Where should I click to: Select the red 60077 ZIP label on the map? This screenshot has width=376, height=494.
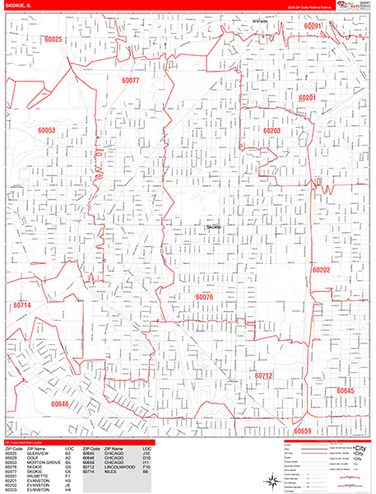point(131,82)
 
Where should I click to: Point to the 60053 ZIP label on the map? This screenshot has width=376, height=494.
point(46,130)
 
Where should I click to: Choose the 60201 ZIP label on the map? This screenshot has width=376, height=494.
point(308,97)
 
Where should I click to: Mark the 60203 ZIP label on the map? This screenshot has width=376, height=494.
point(272,131)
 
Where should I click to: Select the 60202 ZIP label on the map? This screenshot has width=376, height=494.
point(321,269)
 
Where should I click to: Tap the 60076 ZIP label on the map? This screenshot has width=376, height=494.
point(204,297)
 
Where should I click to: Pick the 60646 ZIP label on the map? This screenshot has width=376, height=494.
point(59,404)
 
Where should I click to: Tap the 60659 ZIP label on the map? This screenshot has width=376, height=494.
point(303,431)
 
